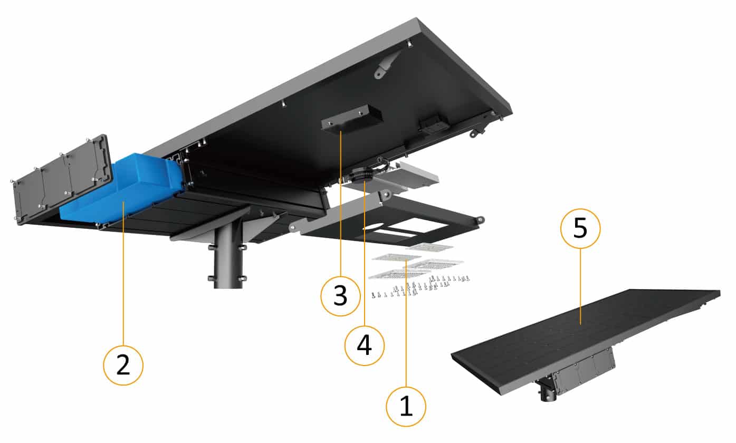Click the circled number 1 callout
point(406,407)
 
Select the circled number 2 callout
point(123,365)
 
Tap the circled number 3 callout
point(340,296)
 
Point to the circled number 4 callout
point(365,345)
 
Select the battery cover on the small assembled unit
point(584,369)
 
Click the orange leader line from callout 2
point(123,274)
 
